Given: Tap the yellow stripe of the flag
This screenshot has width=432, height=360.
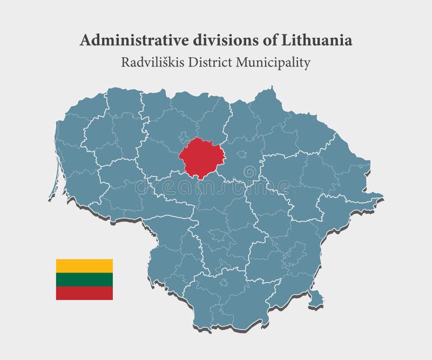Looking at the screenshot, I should (x=84, y=266).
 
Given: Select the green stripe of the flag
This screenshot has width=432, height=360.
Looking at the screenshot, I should (x=84, y=279).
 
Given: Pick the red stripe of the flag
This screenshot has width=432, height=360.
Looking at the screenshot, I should (x=84, y=293).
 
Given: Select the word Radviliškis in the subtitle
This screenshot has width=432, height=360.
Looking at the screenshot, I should (x=150, y=63).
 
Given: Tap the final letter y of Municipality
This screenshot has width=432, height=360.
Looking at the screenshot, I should (x=307, y=64).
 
